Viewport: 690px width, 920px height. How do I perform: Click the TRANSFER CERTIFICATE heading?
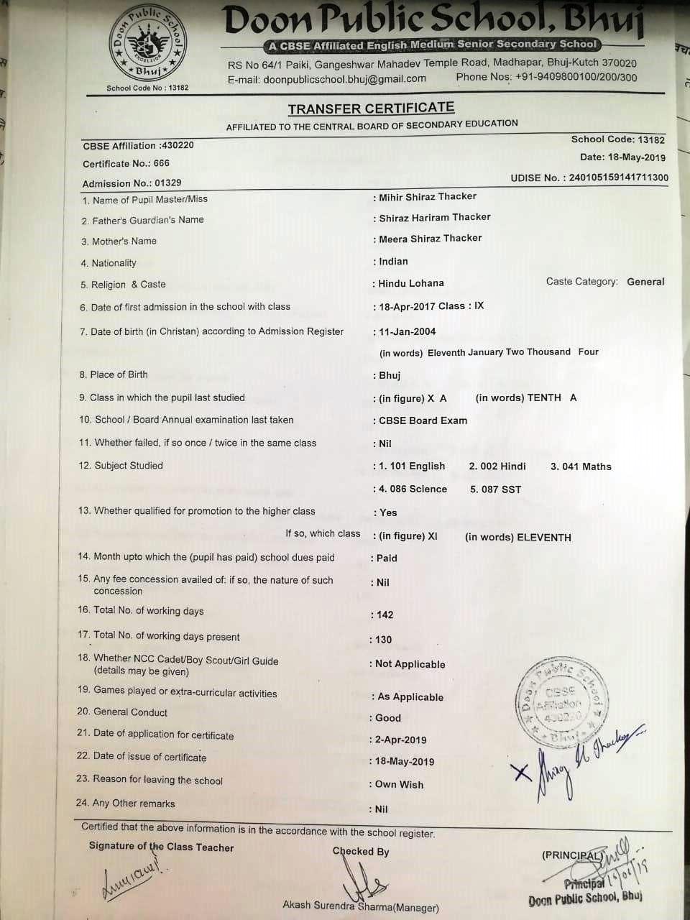point(371,109)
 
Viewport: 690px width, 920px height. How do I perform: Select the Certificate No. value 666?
point(161,163)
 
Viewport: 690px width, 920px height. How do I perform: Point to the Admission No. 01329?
point(167,183)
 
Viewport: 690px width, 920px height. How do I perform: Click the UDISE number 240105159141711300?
point(618,178)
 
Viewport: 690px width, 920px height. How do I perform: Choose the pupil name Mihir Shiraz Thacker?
point(428,196)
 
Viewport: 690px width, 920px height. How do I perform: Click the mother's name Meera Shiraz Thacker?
point(431,238)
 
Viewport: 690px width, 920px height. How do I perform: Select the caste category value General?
point(645,282)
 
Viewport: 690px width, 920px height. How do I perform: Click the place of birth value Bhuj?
point(390,375)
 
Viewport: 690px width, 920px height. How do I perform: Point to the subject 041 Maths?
point(581,466)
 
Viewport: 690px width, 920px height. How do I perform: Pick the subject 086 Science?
point(413,489)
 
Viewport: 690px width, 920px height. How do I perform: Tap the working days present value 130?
point(384,639)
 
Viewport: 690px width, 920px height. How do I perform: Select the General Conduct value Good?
point(388,717)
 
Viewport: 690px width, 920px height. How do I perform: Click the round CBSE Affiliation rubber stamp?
point(563,704)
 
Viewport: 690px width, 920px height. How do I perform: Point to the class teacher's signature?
point(129,880)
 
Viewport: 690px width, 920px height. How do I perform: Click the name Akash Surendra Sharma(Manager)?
point(361,906)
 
